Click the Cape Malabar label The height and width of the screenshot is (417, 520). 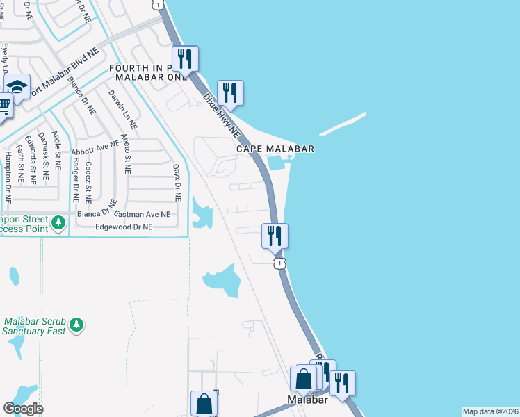[275, 149]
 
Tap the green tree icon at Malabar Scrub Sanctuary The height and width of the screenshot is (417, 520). [76, 324]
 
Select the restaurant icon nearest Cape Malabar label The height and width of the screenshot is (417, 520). [230, 92]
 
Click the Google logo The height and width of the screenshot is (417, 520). [23, 409]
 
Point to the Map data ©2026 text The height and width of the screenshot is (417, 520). [490, 411]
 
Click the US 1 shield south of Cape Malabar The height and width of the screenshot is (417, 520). [279, 263]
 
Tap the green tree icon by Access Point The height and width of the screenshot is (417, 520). [59, 222]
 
